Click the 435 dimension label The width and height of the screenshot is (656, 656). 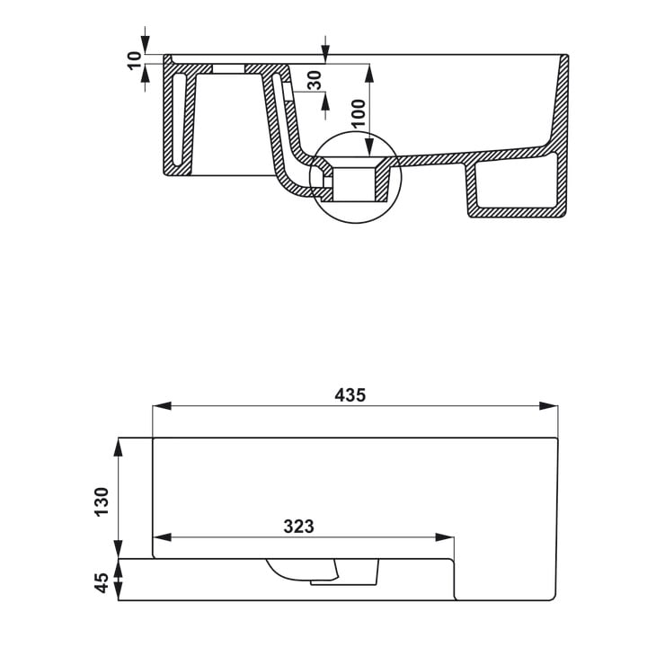point(350,394)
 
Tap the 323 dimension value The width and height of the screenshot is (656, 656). point(298,527)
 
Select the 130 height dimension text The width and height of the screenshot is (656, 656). point(102,501)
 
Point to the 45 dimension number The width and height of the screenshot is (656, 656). point(102,583)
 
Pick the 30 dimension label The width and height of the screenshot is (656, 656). point(315,80)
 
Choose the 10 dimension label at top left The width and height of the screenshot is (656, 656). point(135,60)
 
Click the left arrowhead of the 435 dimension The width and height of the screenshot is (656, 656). point(162,406)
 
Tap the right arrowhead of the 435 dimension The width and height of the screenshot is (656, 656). point(548,406)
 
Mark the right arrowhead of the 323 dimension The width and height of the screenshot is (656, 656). point(445,537)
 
